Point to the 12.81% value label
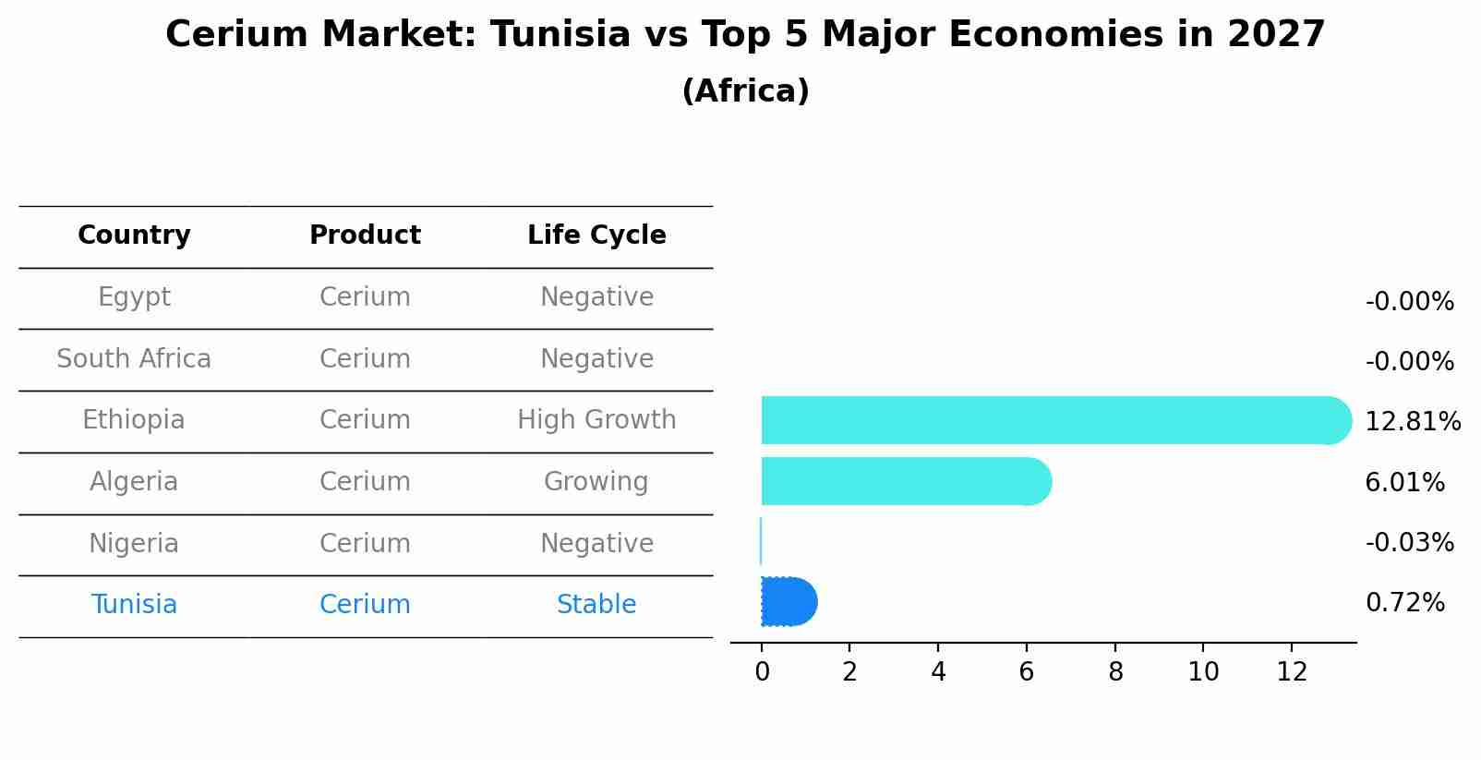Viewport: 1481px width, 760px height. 1412,422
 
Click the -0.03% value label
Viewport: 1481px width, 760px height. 1409,543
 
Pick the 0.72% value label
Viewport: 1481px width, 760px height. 1404,603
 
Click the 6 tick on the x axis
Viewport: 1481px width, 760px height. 1026,672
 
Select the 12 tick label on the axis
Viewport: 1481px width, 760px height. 1292,672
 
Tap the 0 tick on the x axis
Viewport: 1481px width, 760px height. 762,672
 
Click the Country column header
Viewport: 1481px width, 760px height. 134,235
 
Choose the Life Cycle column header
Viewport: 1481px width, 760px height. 596,235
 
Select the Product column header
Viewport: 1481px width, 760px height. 365,235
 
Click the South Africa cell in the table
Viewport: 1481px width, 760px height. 134,359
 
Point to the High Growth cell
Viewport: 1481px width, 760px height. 596,420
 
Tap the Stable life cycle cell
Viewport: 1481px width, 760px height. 596,605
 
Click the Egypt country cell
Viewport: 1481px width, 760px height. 134,297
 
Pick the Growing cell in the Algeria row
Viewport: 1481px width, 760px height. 596,482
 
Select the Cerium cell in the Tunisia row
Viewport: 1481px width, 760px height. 365,605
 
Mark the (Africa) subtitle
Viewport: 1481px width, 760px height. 745,91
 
